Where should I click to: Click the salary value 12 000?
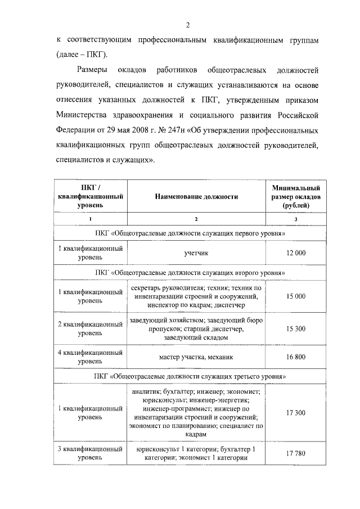click(x=296, y=253)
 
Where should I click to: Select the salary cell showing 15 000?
click(x=296, y=296)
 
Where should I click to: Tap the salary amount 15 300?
click(x=296, y=328)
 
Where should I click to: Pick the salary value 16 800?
click(x=296, y=357)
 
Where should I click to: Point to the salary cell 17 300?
click(x=296, y=413)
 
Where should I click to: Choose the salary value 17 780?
click(x=296, y=453)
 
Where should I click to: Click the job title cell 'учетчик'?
click(x=196, y=253)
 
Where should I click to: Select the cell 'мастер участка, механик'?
click(x=196, y=357)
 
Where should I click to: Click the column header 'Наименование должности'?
click(x=196, y=197)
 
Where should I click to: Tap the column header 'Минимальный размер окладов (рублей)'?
click(x=296, y=197)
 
